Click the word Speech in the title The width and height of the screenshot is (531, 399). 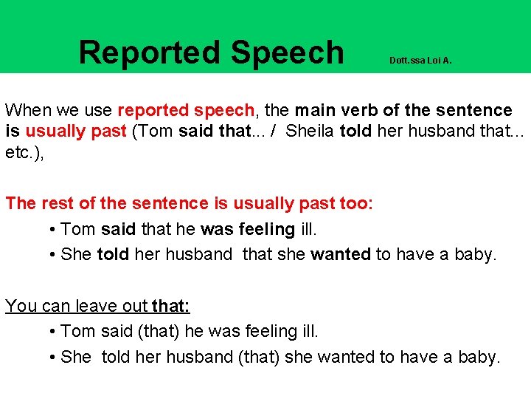(287, 52)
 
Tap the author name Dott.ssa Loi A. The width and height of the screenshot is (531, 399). (420, 61)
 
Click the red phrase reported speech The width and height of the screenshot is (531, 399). (185, 111)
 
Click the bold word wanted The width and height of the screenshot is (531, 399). (341, 254)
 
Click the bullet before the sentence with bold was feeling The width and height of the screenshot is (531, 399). (55, 229)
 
